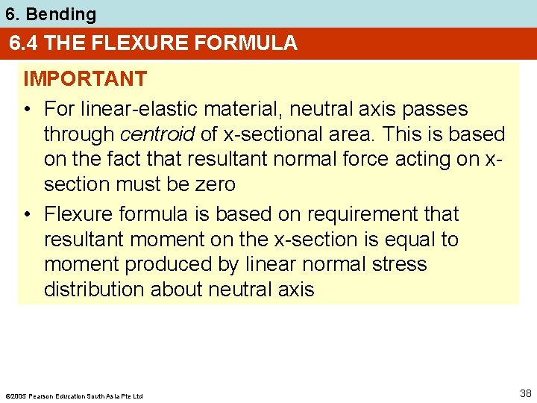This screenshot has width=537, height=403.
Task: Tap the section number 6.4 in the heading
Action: [x=25, y=43]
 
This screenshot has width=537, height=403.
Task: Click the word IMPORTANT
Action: [x=84, y=79]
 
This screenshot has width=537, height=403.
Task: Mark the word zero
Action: [x=213, y=184]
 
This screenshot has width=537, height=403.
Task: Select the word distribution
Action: [x=94, y=290]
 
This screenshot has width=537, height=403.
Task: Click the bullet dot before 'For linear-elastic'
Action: [x=28, y=110]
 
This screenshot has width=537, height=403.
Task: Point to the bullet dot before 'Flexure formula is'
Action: [x=28, y=215]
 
